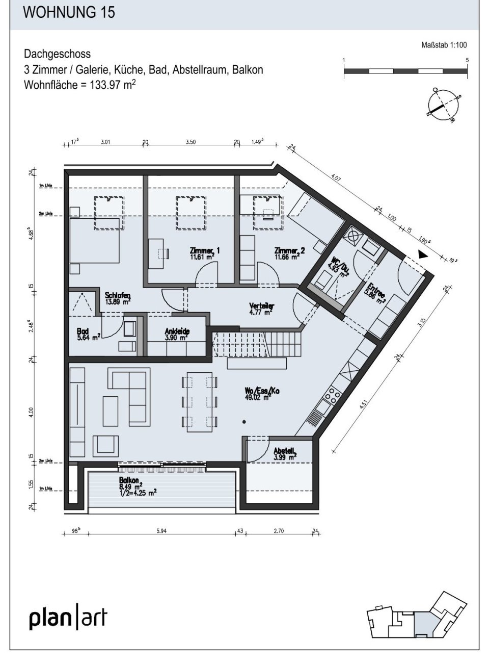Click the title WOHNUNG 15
pos(69,13)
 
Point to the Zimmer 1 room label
pos(205,253)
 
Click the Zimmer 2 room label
pos(289,253)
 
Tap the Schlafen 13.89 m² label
pos(118,298)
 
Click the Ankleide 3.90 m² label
pos(177,334)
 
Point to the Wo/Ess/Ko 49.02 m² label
pos(262,394)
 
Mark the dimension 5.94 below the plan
pos(161,531)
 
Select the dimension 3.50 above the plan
pos(191,142)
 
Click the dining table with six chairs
pos(199,401)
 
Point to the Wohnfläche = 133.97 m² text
pos(79,84)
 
